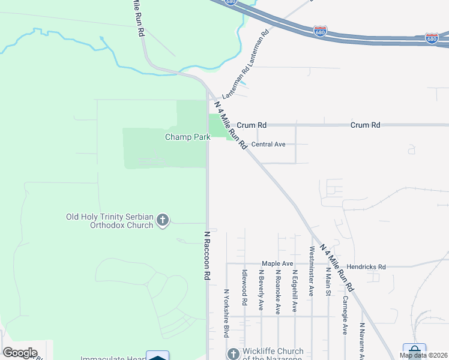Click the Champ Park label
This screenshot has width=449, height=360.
pos(188,137)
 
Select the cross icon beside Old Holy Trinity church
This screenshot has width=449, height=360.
pos(162,221)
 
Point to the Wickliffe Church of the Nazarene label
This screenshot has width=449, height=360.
pos(273,354)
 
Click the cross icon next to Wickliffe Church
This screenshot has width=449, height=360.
pos(233,354)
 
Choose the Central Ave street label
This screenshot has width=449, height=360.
pos(268,145)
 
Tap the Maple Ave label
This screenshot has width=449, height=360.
pos(277,263)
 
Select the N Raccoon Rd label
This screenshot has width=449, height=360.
pos(206,256)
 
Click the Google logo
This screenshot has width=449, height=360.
pos(20,353)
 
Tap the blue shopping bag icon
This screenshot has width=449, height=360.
pos(414,351)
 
